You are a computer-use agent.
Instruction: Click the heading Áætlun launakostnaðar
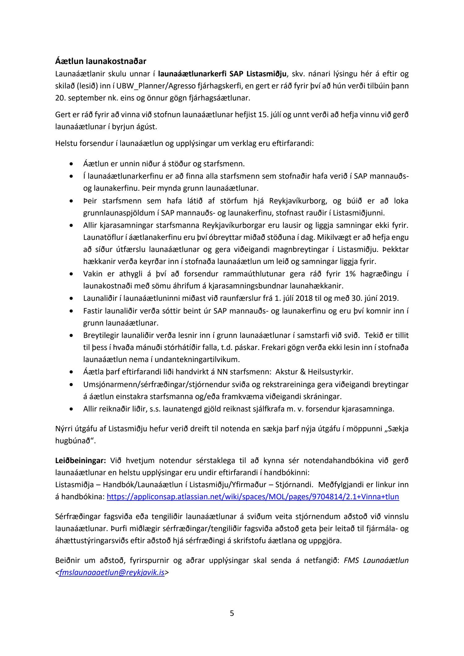coord(101,61)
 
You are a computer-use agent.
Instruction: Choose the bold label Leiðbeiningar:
coord(80,460)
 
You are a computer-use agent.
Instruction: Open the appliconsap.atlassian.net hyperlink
coord(253,497)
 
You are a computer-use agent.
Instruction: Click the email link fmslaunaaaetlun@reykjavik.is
coord(111,572)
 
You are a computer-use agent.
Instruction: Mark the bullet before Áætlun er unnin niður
coord(72,164)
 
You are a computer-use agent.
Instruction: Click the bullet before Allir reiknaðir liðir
coord(72,409)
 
